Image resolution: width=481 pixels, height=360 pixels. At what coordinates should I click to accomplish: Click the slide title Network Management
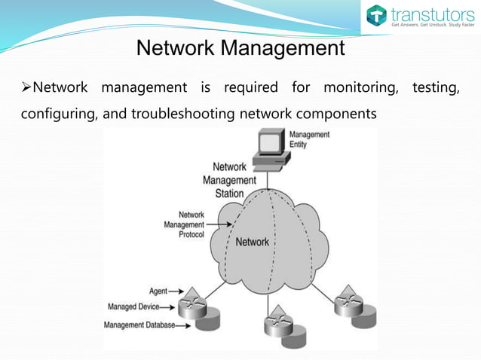coord(240,49)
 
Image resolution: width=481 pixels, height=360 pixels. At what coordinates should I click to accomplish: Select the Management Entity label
coord(309,139)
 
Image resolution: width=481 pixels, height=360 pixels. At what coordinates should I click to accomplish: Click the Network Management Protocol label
coord(185,224)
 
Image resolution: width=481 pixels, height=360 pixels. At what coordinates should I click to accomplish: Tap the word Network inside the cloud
coord(253,242)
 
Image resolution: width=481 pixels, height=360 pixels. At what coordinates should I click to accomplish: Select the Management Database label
coord(139,325)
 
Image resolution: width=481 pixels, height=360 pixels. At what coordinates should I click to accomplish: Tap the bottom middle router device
coord(277,322)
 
